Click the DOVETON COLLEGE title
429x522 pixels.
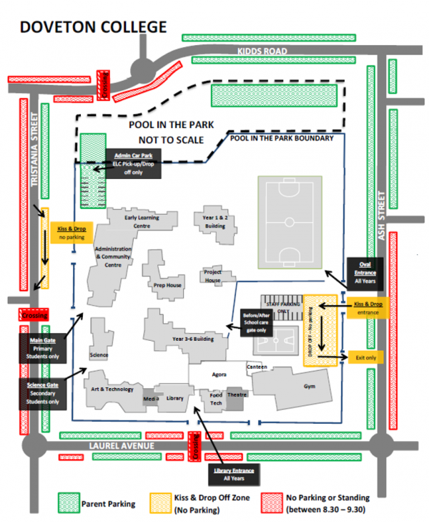tap(93, 26)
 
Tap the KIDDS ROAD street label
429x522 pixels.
tap(262, 52)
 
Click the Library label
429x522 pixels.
tap(175, 399)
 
